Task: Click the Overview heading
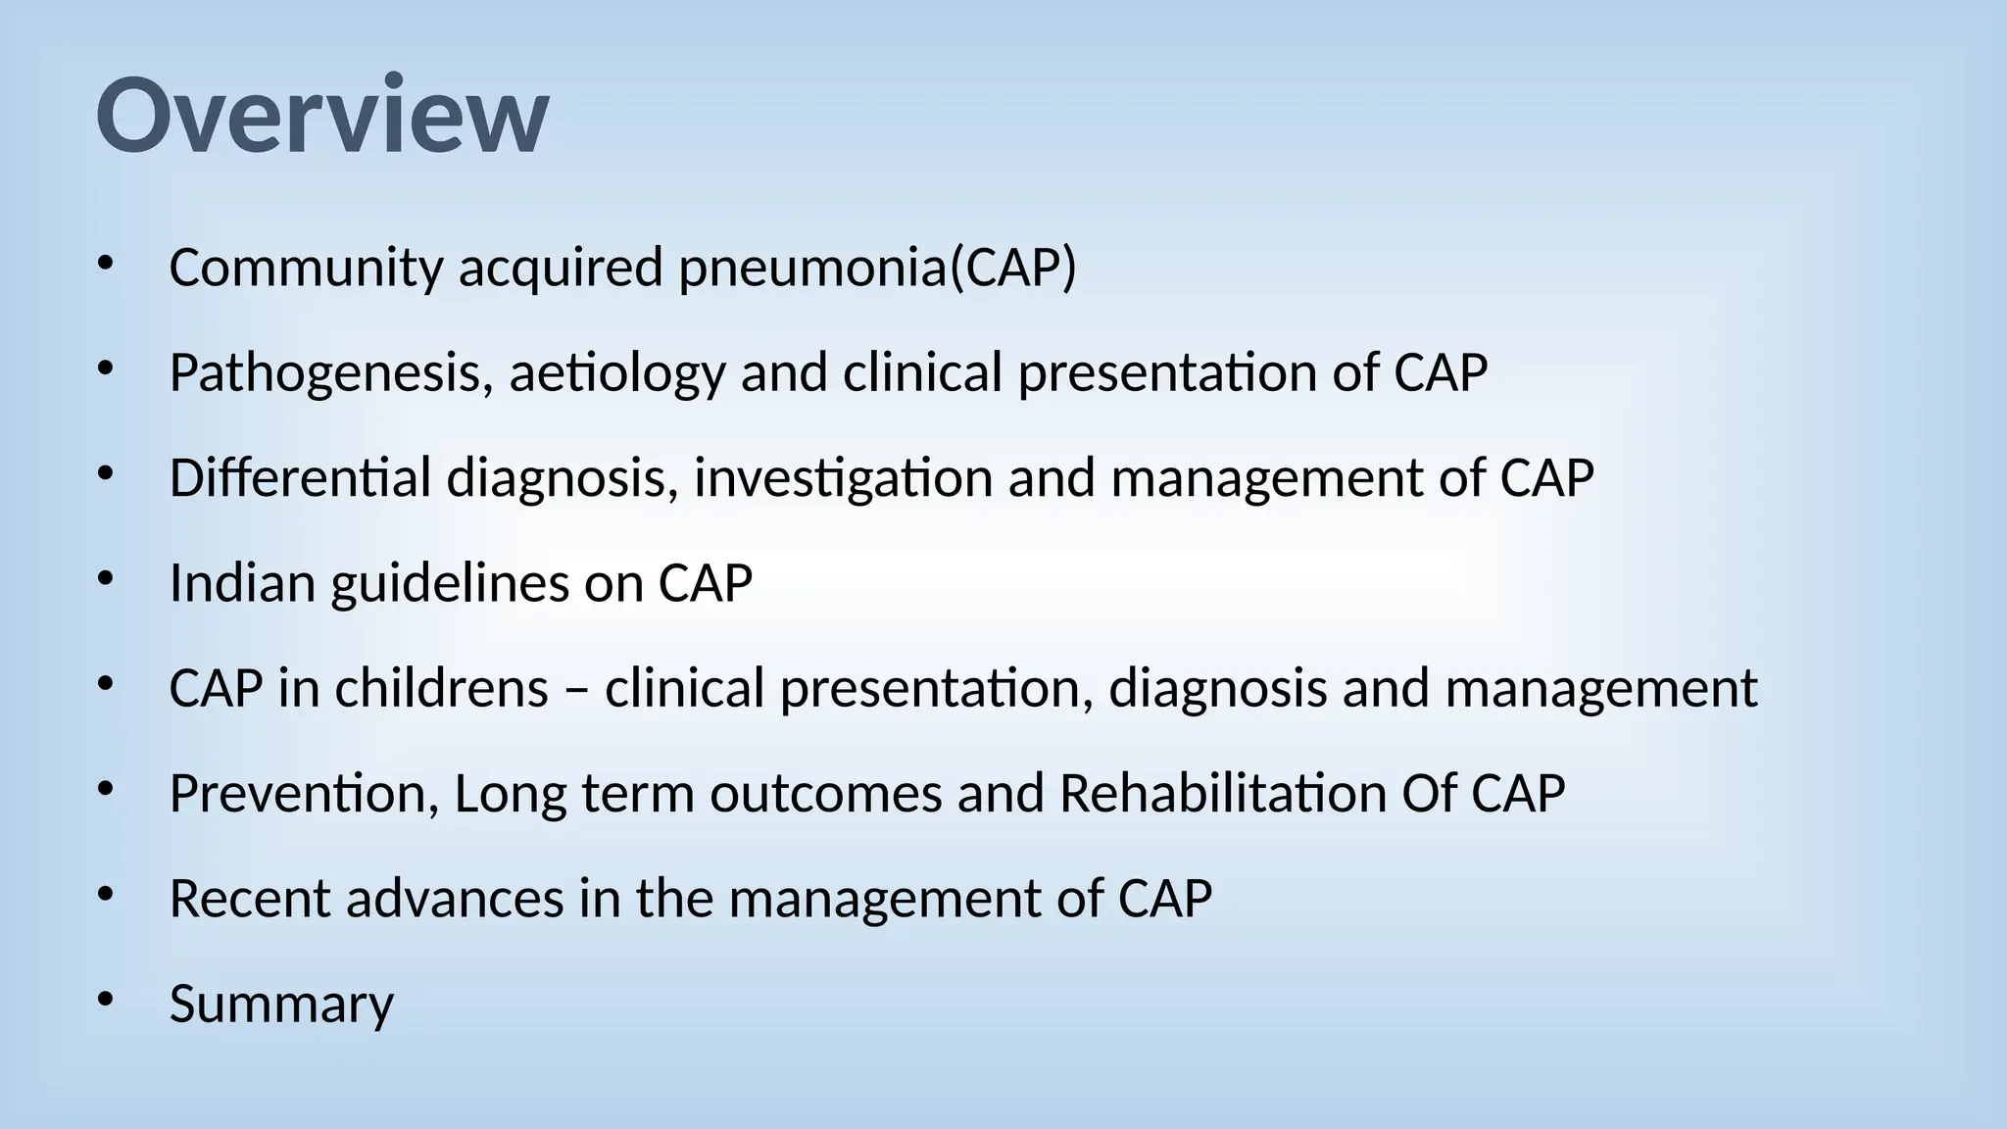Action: tap(322, 116)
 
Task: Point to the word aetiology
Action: tap(616, 374)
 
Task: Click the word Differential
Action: tap(300, 478)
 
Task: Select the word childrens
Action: tap(441, 688)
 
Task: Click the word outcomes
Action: tap(826, 793)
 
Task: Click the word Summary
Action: tap(281, 1004)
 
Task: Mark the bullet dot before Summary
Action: tap(106, 1000)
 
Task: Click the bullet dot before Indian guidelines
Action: tap(106, 579)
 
